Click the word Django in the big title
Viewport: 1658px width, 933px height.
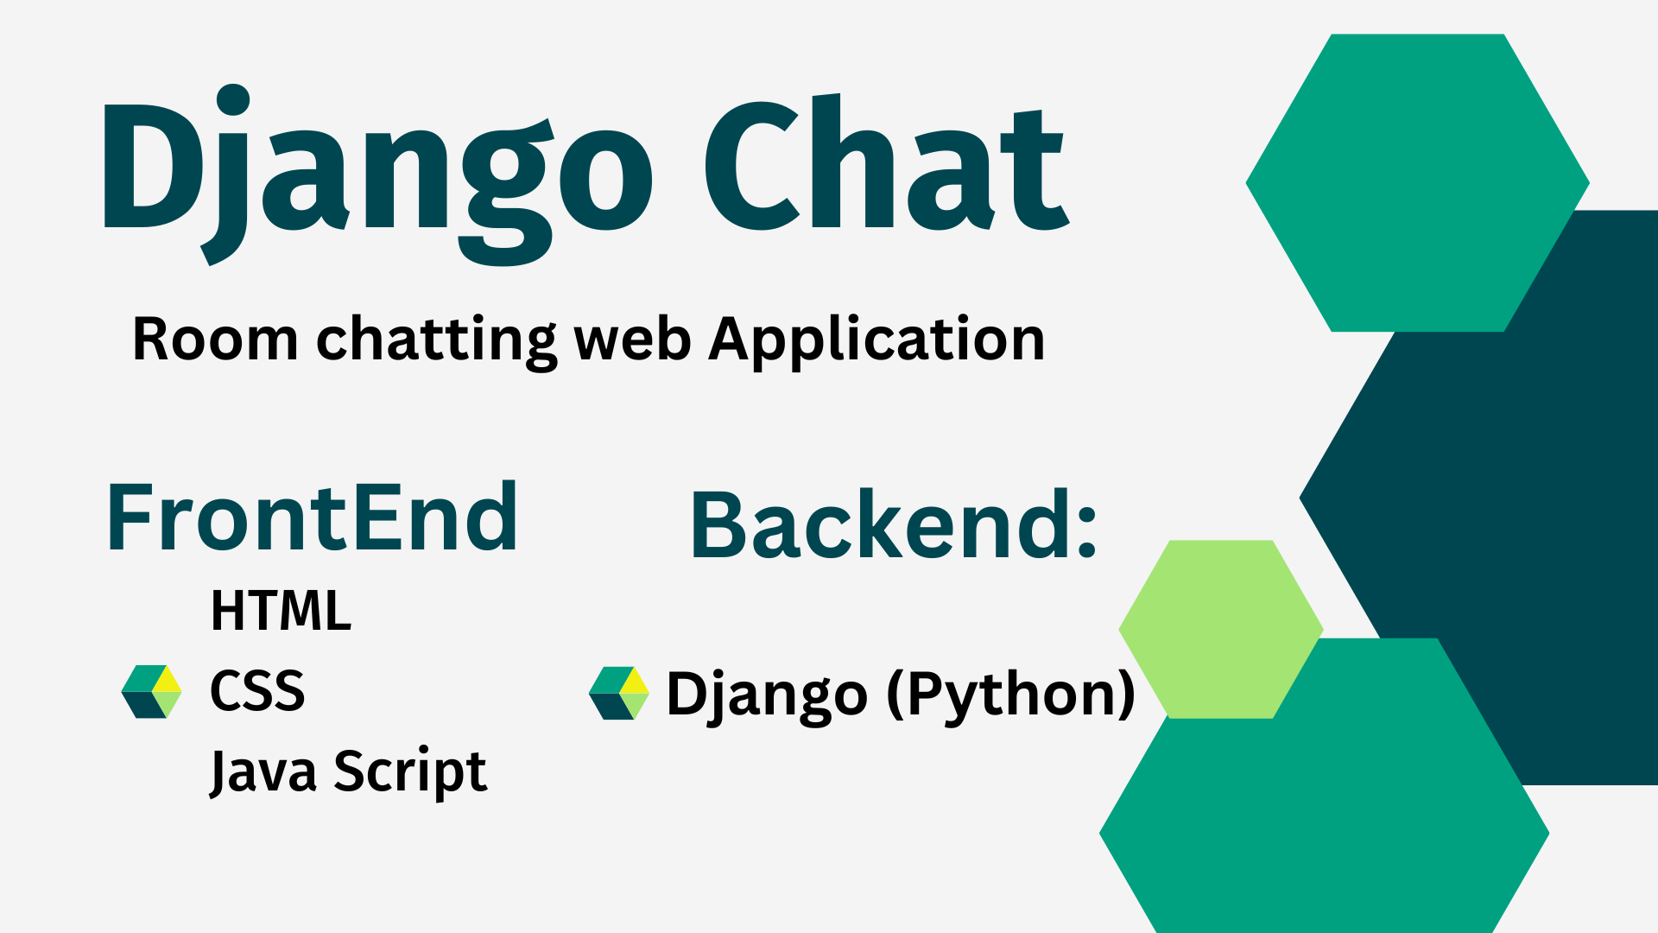coord(376,168)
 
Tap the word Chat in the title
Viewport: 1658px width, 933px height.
coord(885,164)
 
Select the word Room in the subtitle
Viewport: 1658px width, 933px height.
coord(215,339)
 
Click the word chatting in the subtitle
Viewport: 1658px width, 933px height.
coord(436,339)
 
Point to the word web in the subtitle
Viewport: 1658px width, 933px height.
coord(632,339)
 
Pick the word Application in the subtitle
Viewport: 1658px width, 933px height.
coord(876,339)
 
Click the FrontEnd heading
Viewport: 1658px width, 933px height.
coord(312,518)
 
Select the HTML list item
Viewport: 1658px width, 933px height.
coord(281,612)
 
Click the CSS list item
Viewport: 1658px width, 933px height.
coord(257,691)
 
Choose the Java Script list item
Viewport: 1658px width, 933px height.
coord(348,771)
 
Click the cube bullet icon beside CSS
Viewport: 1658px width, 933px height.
coord(152,692)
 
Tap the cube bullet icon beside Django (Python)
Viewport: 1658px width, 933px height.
coord(618,693)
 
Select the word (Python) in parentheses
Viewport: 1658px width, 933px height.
coord(1010,694)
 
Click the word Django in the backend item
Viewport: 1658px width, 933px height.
coord(767,694)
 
